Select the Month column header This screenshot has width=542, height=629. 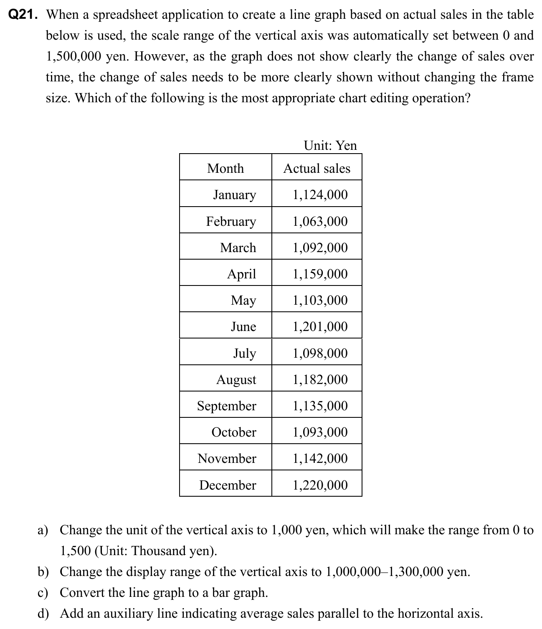click(x=225, y=168)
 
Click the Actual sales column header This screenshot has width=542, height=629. click(x=317, y=168)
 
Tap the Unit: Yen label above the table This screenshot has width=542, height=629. click(x=330, y=145)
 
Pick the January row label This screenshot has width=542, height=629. click(x=234, y=195)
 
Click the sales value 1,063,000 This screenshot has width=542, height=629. click(x=320, y=221)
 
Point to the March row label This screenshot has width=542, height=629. click(x=238, y=248)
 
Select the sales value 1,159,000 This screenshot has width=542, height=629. click(x=320, y=274)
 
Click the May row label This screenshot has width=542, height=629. click(x=243, y=301)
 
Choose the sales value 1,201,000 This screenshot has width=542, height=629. click(x=320, y=326)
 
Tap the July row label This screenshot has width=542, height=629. click(x=244, y=353)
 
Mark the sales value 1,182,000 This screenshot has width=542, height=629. click(x=320, y=379)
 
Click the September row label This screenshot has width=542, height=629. click(x=226, y=406)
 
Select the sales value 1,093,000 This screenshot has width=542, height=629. click(x=320, y=432)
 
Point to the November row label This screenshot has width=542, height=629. click(x=227, y=458)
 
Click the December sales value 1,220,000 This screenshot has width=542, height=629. click(x=320, y=485)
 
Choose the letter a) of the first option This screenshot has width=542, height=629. click(x=43, y=530)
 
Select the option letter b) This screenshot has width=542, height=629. click(x=43, y=572)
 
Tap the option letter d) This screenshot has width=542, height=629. click(x=43, y=614)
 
